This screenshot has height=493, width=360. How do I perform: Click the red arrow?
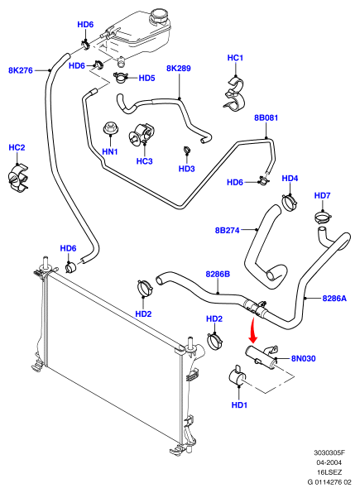tap(252, 330)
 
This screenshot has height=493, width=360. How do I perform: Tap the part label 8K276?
tap(21, 70)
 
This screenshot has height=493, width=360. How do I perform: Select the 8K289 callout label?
tap(179, 68)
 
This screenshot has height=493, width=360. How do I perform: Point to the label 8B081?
tap(266, 118)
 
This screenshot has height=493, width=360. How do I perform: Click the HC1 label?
tap(235, 58)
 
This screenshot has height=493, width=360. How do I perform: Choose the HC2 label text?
tap(17, 147)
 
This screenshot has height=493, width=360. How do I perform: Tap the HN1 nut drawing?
tap(110, 127)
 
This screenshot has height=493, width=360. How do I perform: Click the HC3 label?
tap(145, 161)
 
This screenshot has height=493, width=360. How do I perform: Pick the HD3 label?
tap(187, 169)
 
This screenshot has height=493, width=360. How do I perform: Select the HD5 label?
tap(147, 78)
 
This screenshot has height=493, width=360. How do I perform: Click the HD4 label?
tap(290, 179)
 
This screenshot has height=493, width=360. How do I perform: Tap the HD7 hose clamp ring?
tap(324, 217)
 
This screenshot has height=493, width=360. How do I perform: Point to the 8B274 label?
tap(228, 230)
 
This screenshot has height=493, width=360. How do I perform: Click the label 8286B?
tap(218, 274)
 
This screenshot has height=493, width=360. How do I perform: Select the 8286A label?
tap(334, 298)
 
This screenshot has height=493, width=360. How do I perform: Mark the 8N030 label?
tap(304, 358)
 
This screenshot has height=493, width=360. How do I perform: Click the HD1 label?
tap(239, 405)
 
